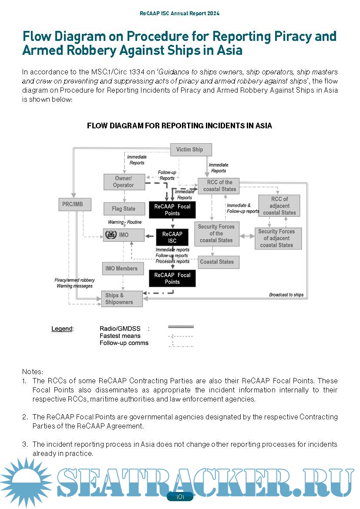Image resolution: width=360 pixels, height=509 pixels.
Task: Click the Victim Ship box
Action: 190,150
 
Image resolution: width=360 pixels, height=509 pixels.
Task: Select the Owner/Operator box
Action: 124,182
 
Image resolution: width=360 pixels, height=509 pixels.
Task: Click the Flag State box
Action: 124,209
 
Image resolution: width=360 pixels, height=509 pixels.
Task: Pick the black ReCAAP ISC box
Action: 172,238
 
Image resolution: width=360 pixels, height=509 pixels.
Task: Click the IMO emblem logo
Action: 111,235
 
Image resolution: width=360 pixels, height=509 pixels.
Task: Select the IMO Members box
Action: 121,268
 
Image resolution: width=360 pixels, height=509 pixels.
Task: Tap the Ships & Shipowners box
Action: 121,299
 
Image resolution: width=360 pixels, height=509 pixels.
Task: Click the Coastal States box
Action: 217,262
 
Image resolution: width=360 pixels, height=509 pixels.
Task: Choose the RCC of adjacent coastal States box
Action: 279,206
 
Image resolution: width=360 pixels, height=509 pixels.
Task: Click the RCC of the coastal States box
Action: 220,186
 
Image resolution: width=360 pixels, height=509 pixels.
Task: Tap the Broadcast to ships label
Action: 286,295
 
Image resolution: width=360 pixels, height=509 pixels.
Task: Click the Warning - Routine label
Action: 124,222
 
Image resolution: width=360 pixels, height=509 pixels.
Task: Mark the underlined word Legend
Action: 62,328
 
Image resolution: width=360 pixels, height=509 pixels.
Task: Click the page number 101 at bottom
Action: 180,497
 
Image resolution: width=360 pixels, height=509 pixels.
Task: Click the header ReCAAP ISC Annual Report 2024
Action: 180,13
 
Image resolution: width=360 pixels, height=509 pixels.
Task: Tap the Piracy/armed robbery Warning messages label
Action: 74,283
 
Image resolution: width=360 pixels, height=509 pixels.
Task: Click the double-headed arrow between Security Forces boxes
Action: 247,236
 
